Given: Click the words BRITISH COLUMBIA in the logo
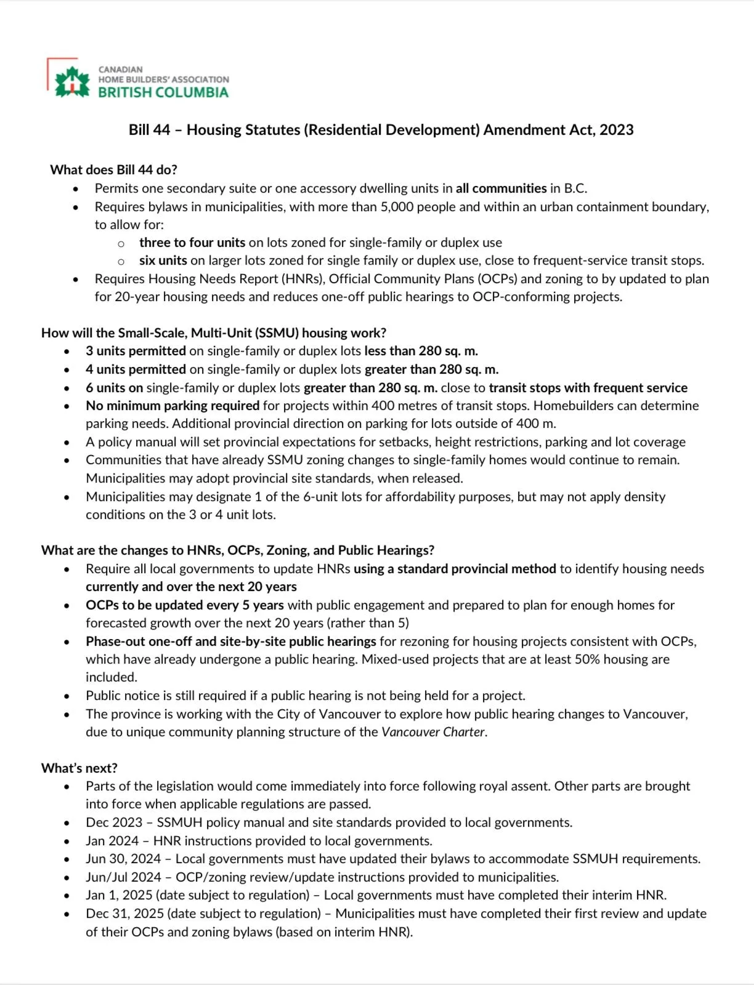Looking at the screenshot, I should [x=163, y=93].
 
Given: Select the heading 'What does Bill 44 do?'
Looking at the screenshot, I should [x=114, y=170].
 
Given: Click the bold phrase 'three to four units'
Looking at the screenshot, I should [x=192, y=243].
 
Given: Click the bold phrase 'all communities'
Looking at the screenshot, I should [x=501, y=188].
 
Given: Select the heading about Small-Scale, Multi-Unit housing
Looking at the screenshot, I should [x=214, y=333].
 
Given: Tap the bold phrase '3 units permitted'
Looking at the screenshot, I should [x=136, y=351].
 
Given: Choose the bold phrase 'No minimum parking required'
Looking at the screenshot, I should [x=172, y=406].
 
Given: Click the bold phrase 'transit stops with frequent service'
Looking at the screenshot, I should [x=588, y=388].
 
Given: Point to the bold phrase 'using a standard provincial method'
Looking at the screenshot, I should [x=455, y=569].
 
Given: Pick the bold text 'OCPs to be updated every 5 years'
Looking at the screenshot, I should [x=185, y=605].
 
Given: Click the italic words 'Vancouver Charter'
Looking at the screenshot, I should [x=433, y=732].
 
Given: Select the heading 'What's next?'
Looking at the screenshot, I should [x=79, y=768].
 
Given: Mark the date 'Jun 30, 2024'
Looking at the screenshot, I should [x=123, y=859].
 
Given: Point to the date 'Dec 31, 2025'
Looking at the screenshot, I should [x=124, y=914].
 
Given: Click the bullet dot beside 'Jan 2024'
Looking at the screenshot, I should [x=67, y=842].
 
